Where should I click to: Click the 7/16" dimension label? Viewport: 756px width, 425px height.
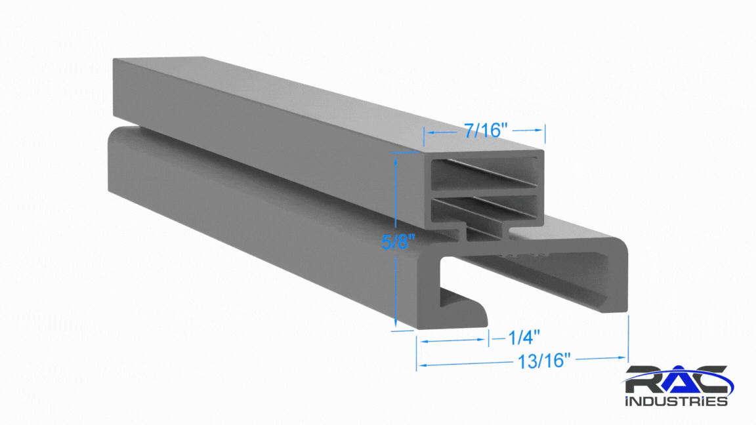[486, 130]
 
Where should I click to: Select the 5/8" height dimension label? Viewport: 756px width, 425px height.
[398, 241]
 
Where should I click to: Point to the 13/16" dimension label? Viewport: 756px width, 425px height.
[544, 361]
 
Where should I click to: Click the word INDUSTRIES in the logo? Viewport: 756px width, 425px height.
[677, 401]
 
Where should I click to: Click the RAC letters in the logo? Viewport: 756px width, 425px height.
[677, 380]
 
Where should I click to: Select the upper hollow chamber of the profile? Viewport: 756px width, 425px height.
[484, 172]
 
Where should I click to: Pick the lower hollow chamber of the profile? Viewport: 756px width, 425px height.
[484, 209]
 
